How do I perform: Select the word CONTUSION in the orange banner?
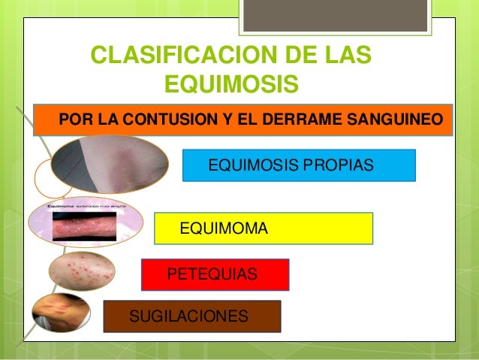point(163,120)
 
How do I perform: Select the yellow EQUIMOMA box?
point(263,228)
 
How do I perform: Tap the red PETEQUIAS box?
point(215,275)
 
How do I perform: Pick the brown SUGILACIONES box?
point(191,316)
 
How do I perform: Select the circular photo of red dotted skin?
point(83,272)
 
